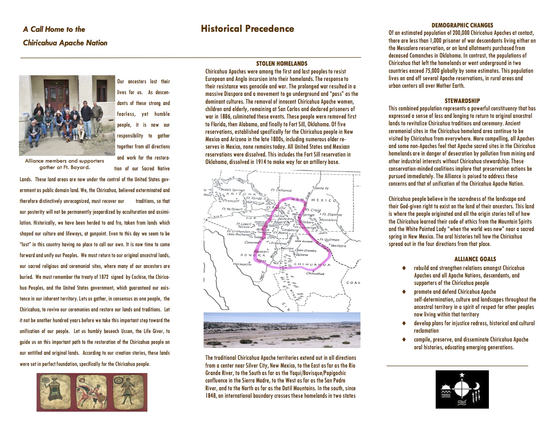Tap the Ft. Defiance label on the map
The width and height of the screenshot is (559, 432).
coord(281,190)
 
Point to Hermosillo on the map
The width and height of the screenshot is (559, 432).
coord(242,264)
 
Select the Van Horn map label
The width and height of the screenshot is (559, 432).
coord(338,246)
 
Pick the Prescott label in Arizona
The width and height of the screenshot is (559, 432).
coord(231,201)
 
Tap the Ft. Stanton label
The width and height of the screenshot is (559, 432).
coord(332,214)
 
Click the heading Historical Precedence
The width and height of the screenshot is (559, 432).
coord(247,29)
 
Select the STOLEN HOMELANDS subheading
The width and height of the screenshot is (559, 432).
coord(282,64)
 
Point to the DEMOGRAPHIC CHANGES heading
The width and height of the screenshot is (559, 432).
coord(462,25)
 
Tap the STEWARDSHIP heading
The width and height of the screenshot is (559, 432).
coord(462,101)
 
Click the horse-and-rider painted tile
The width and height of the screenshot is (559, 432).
coord(92,392)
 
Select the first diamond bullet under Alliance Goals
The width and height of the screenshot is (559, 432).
coord(404,268)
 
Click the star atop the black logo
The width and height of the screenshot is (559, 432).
coord(462,375)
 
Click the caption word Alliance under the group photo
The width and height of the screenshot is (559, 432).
coord(36,161)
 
